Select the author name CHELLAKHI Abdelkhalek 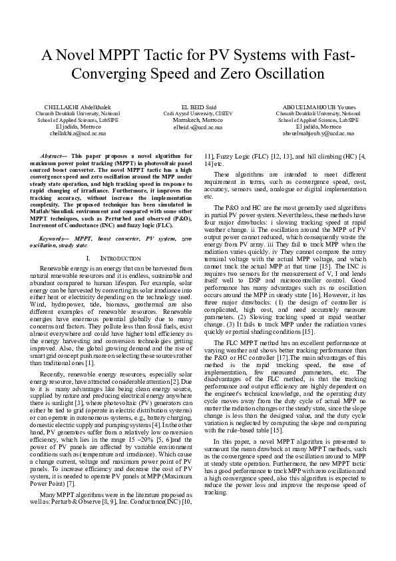69,107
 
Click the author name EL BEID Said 198,107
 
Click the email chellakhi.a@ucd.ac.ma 69,133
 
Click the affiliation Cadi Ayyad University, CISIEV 198,113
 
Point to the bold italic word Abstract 51,154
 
